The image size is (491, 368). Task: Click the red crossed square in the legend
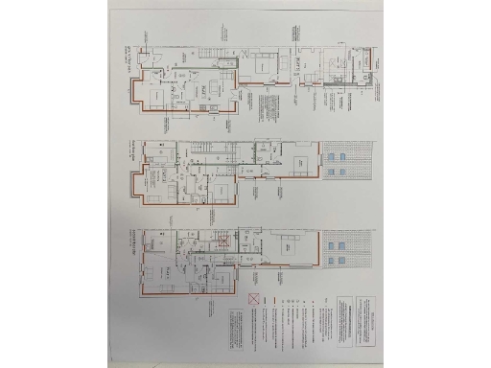(254, 300)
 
